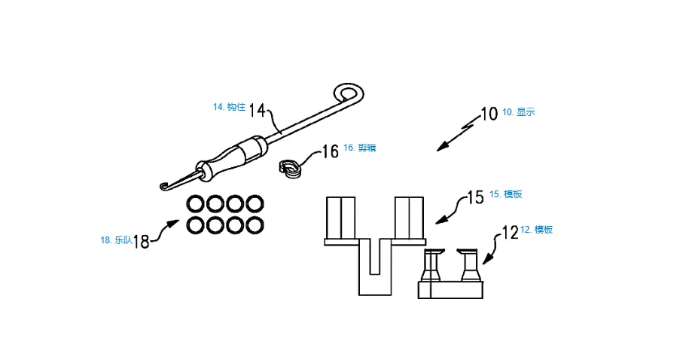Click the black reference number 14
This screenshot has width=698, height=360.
(257, 110)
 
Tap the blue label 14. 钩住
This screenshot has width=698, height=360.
(229, 107)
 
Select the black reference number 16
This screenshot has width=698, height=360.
(331, 151)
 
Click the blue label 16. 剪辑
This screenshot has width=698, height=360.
(360, 148)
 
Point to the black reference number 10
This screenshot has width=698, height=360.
(489, 114)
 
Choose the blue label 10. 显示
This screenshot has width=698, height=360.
(519, 112)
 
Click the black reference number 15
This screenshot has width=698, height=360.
(475, 197)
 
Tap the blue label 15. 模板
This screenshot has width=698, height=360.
(506, 194)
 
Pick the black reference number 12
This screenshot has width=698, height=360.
(511, 232)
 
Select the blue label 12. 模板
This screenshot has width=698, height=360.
(536, 230)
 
